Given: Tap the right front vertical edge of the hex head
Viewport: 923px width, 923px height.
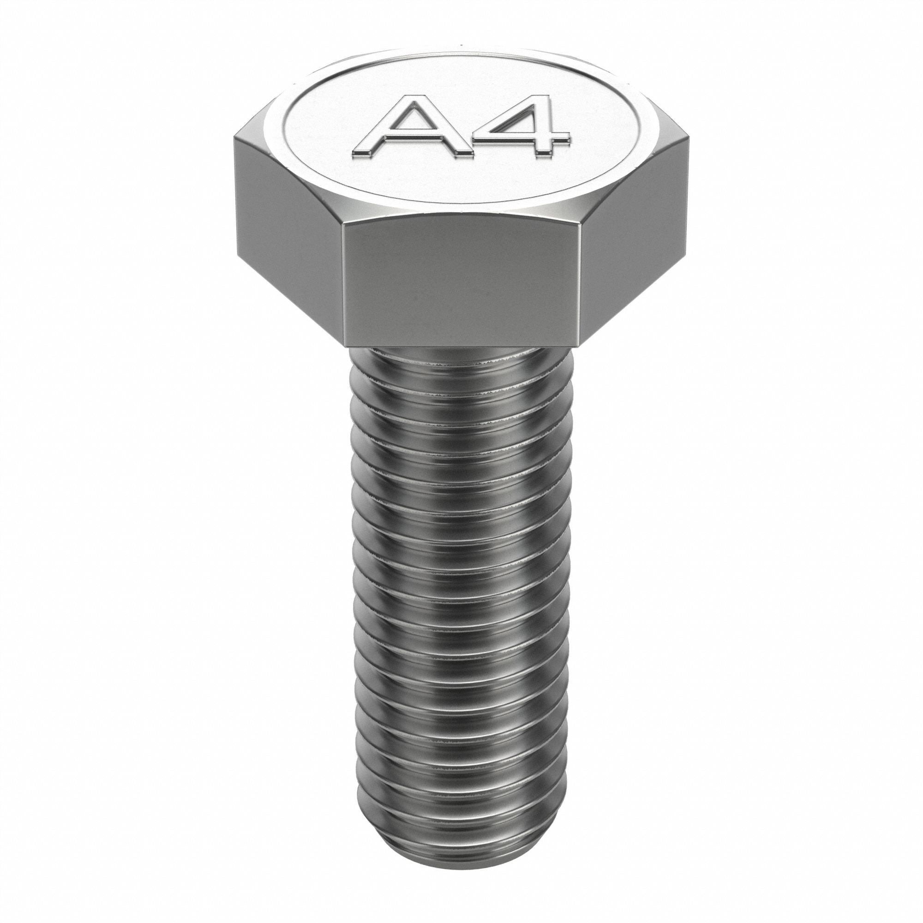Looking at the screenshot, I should point(580,287).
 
